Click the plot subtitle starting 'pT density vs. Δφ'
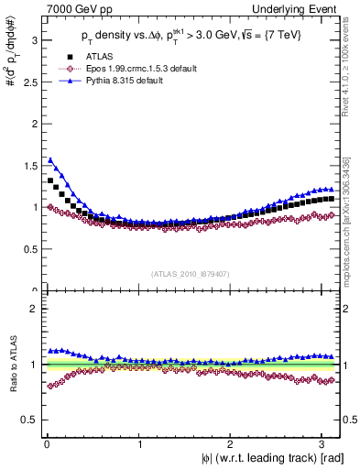191,38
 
